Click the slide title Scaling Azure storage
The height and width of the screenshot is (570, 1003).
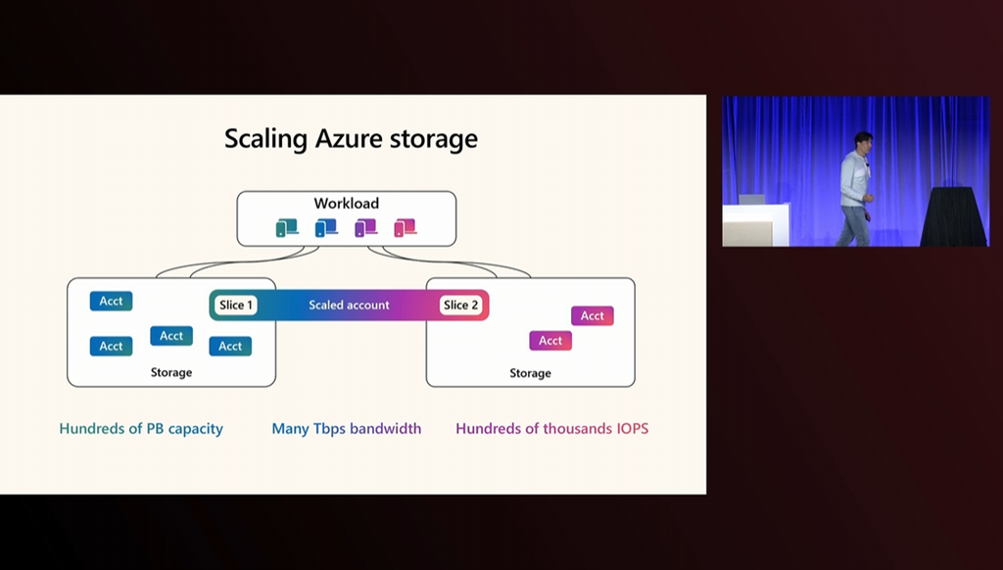[351, 138]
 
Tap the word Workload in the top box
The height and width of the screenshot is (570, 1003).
[346, 204]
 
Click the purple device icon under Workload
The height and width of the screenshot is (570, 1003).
[365, 228]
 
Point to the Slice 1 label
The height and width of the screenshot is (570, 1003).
[236, 305]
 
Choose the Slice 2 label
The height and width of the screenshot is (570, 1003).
[460, 305]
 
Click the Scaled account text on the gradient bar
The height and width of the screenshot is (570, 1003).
[349, 305]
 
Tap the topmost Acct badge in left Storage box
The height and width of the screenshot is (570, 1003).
[111, 301]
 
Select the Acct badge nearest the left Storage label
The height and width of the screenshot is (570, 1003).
[171, 336]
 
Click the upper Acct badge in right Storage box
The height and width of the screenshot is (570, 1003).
[593, 315]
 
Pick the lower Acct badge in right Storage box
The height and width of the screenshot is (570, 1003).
[550, 340]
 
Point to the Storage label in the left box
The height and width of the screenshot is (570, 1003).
[171, 372]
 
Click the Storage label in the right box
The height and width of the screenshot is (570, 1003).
[530, 373]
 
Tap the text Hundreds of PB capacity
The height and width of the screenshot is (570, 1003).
[141, 428]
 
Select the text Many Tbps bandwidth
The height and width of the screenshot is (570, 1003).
[347, 428]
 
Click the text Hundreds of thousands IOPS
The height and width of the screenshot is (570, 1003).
[552, 428]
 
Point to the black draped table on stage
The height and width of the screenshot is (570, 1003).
[953, 216]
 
